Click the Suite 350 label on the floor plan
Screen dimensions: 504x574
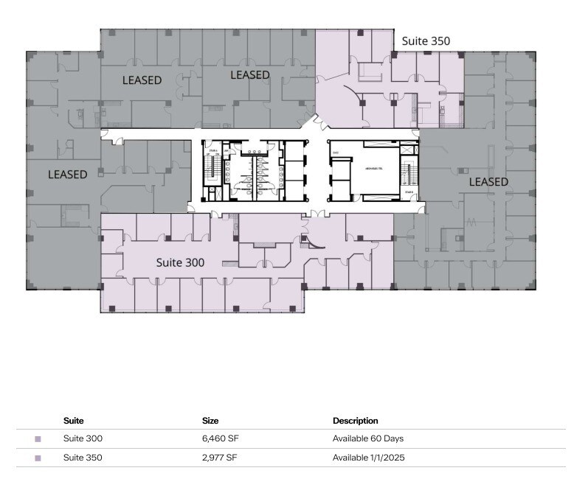point(425,41)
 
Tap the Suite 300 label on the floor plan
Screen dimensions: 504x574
point(180,262)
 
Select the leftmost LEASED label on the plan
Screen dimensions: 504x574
point(67,175)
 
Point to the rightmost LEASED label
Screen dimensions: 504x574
point(488,181)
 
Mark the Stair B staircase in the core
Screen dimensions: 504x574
point(408,174)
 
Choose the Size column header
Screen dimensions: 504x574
point(210,421)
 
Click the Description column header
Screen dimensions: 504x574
point(355,421)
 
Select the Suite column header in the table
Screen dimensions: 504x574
point(73,421)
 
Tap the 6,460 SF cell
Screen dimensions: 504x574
point(221,438)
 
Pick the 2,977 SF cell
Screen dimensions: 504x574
point(221,458)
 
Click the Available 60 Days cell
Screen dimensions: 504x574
point(368,438)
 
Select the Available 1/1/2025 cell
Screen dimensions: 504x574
point(368,458)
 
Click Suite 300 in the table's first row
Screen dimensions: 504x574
point(83,438)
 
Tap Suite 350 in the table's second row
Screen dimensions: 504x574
point(83,458)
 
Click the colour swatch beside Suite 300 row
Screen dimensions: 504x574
point(38,439)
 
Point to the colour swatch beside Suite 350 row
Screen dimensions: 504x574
point(38,458)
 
